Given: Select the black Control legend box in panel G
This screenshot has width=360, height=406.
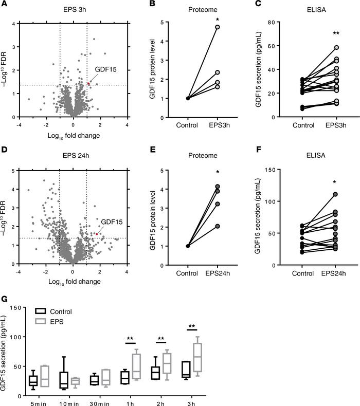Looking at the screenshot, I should coord(41,311).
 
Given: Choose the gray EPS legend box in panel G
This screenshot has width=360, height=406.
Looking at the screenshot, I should coord(41,320).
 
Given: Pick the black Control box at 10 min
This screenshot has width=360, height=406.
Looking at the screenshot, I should coord(64,380).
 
